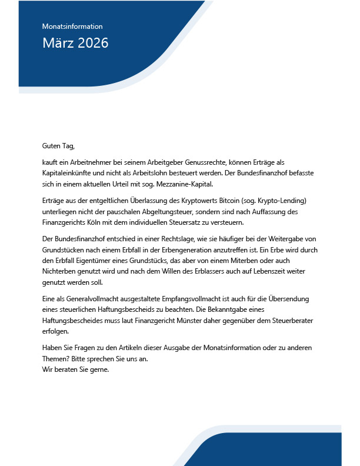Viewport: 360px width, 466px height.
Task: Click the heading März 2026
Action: [75, 43]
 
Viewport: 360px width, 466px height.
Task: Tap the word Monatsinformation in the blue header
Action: [72, 26]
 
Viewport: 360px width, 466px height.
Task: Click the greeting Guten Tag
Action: [58, 145]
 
